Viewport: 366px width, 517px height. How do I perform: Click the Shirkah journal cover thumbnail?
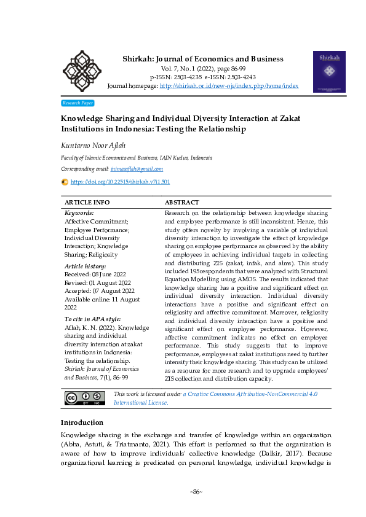[x=329, y=71]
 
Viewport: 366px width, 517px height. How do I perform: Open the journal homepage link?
[x=229, y=86]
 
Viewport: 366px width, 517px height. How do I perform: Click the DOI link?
[x=121, y=182]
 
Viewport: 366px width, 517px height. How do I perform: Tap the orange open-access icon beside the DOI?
[x=65, y=182]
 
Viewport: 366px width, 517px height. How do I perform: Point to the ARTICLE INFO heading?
[x=87, y=202]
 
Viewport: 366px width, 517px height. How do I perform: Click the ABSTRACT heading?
[x=182, y=202]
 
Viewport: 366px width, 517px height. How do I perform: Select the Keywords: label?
[x=79, y=212]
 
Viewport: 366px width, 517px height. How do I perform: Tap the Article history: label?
[x=85, y=266]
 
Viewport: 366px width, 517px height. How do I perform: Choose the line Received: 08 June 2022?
[x=94, y=274]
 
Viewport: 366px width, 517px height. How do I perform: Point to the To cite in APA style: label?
[x=93, y=319]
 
